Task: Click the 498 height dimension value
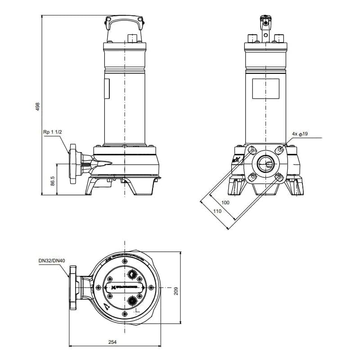38,106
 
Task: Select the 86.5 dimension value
53,180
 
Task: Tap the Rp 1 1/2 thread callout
52,132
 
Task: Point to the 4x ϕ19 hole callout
300,134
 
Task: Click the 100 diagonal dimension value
225,202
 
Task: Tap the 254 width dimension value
112,342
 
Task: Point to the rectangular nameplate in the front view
265,88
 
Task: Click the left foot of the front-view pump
238,184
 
